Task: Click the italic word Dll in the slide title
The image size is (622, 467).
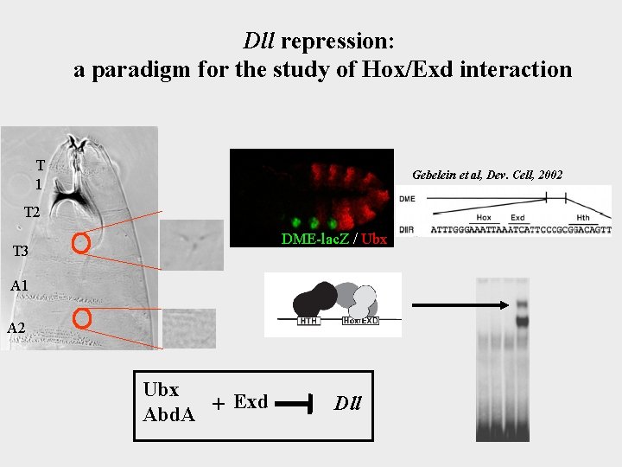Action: pyautogui.click(x=258, y=41)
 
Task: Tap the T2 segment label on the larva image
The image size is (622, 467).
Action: pyautogui.click(x=33, y=213)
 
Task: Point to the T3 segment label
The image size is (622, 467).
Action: pyautogui.click(x=22, y=252)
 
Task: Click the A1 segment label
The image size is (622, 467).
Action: pyautogui.click(x=19, y=285)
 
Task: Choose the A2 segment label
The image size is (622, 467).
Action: pyautogui.click(x=16, y=327)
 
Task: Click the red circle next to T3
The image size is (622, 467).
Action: pyautogui.click(x=81, y=244)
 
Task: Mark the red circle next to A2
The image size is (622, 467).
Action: pyautogui.click(x=81, y=319)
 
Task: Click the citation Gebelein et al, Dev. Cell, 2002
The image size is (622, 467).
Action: pyautogui.click(x=487, y=175)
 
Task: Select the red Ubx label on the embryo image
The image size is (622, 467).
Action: pyautogui.click(x=373, y=239)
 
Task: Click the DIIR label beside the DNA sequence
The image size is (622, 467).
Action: pyautogui.click(x=408, y=230)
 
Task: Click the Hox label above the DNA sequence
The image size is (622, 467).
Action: pyautogui.click(x=484, y=217)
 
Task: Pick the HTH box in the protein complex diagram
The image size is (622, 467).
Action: pyautogui.click(x=308, y=321)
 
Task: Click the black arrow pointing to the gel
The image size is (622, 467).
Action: pyautogui.click(x=454, y=304)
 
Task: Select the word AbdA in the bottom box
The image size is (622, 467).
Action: pyautogui.click(x=168, y=414)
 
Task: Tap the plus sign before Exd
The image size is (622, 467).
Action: pyautogui.click(x=219, y=404)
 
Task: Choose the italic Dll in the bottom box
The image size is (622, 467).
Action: pyautogui.click(x=348, y=403)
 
